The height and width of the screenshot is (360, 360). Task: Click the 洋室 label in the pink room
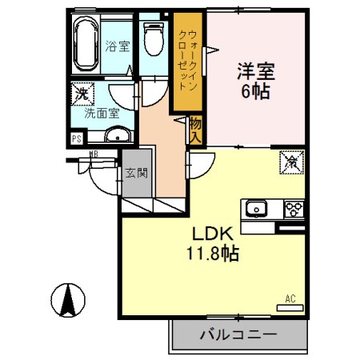[x=256, y=71]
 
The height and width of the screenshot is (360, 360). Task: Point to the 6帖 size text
[x=256, y=90]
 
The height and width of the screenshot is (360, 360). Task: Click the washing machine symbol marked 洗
[x=80, y=94]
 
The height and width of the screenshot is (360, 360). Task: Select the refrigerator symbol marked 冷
[x=288, y=162]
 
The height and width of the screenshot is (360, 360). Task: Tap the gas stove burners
[x=292, y=210]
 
